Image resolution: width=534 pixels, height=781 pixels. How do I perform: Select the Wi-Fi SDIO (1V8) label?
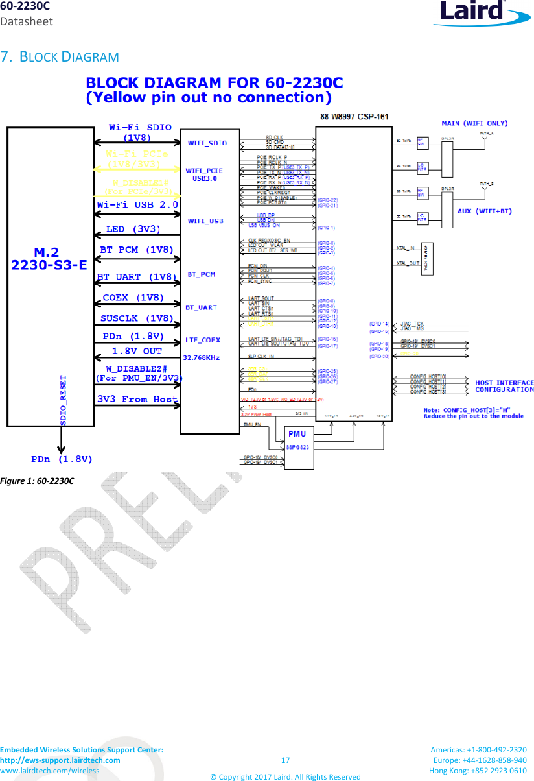(138, 132)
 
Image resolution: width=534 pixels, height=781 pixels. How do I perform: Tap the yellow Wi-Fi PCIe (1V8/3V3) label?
(138, 159)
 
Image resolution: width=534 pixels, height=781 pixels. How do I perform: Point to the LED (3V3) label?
(133, 229)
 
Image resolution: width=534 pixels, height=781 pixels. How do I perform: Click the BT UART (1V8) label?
(137, 277)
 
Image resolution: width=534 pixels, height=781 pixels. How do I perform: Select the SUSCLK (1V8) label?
(137, 318)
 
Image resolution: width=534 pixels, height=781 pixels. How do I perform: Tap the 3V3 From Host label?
(137, 399)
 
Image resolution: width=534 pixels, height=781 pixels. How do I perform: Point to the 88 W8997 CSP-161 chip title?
(354, 117)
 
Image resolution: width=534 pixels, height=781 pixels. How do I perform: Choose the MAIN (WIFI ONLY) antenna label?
(474, 123)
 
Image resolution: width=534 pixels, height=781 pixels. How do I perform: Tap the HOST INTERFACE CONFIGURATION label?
(504, 386)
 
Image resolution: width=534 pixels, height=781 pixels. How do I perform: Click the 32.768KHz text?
(201, 357)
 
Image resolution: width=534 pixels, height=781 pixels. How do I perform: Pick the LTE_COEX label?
(202, 339)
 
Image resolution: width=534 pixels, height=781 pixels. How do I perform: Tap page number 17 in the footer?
(285, 760)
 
